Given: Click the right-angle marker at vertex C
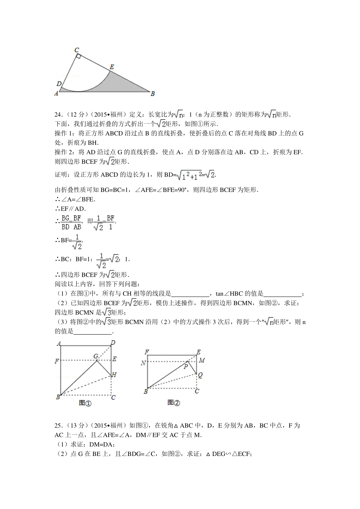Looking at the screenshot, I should click(x=78, y=56).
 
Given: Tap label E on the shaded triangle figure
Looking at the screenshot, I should click(x=112, y=67).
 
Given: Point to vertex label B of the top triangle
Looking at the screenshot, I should click(x=152, y=94).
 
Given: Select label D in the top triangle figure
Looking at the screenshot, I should click(x=59, y=84).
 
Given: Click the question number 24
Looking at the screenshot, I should click(x=58, y=115).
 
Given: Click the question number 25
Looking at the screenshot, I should click(x=58, y=426).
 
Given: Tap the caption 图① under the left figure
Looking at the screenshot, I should click(x=85, y=403).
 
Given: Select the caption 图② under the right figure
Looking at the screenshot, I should click(x=174, y=403).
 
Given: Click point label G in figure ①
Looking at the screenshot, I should click(x=96, y=356).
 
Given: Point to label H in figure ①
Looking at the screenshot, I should click(x=114, y=375).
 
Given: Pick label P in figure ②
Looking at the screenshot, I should click(x=186, y=366).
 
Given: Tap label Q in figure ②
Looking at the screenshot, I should click(x=200, y=375).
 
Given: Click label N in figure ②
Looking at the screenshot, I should click(x=143, y=363).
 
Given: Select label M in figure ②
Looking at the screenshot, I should click(x=202, y=360).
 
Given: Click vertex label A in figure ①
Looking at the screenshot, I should click(x=59, y=344).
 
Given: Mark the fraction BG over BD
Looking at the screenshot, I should click(x=65, y=222).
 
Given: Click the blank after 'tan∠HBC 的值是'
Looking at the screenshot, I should click(x=282, y=294).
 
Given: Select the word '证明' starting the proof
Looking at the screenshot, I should click(x=61, y=175).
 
